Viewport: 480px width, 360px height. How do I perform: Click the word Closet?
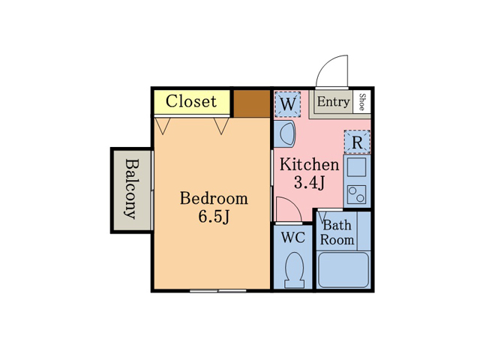(x=191, y=101)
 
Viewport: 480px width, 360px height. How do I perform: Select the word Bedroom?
(x=214, y=198)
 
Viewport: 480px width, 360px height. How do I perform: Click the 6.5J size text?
(x=214, y=217)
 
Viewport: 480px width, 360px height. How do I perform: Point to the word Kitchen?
(x=309, y=164)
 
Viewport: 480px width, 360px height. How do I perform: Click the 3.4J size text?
(x=309, y=183)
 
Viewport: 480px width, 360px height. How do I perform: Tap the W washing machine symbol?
(x=288, y=104)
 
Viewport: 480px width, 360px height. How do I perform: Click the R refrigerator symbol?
(x=357, y=142)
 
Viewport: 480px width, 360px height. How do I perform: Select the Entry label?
(x=333, y=102)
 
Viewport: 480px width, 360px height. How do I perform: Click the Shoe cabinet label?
(x=361, y=102)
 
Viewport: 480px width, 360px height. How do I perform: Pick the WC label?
(x=293, y=238)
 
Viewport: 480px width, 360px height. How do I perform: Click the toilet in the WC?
(x=294, y=270)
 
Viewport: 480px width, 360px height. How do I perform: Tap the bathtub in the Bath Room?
(x=343, y=270)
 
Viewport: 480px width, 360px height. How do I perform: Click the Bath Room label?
(x=337, y=232)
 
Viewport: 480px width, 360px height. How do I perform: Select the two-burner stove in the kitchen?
(x=357, y=195)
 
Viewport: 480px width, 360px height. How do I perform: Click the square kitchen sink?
(x=357, y=167)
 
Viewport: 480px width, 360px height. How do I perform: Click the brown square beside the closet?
(x=252, y=103)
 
